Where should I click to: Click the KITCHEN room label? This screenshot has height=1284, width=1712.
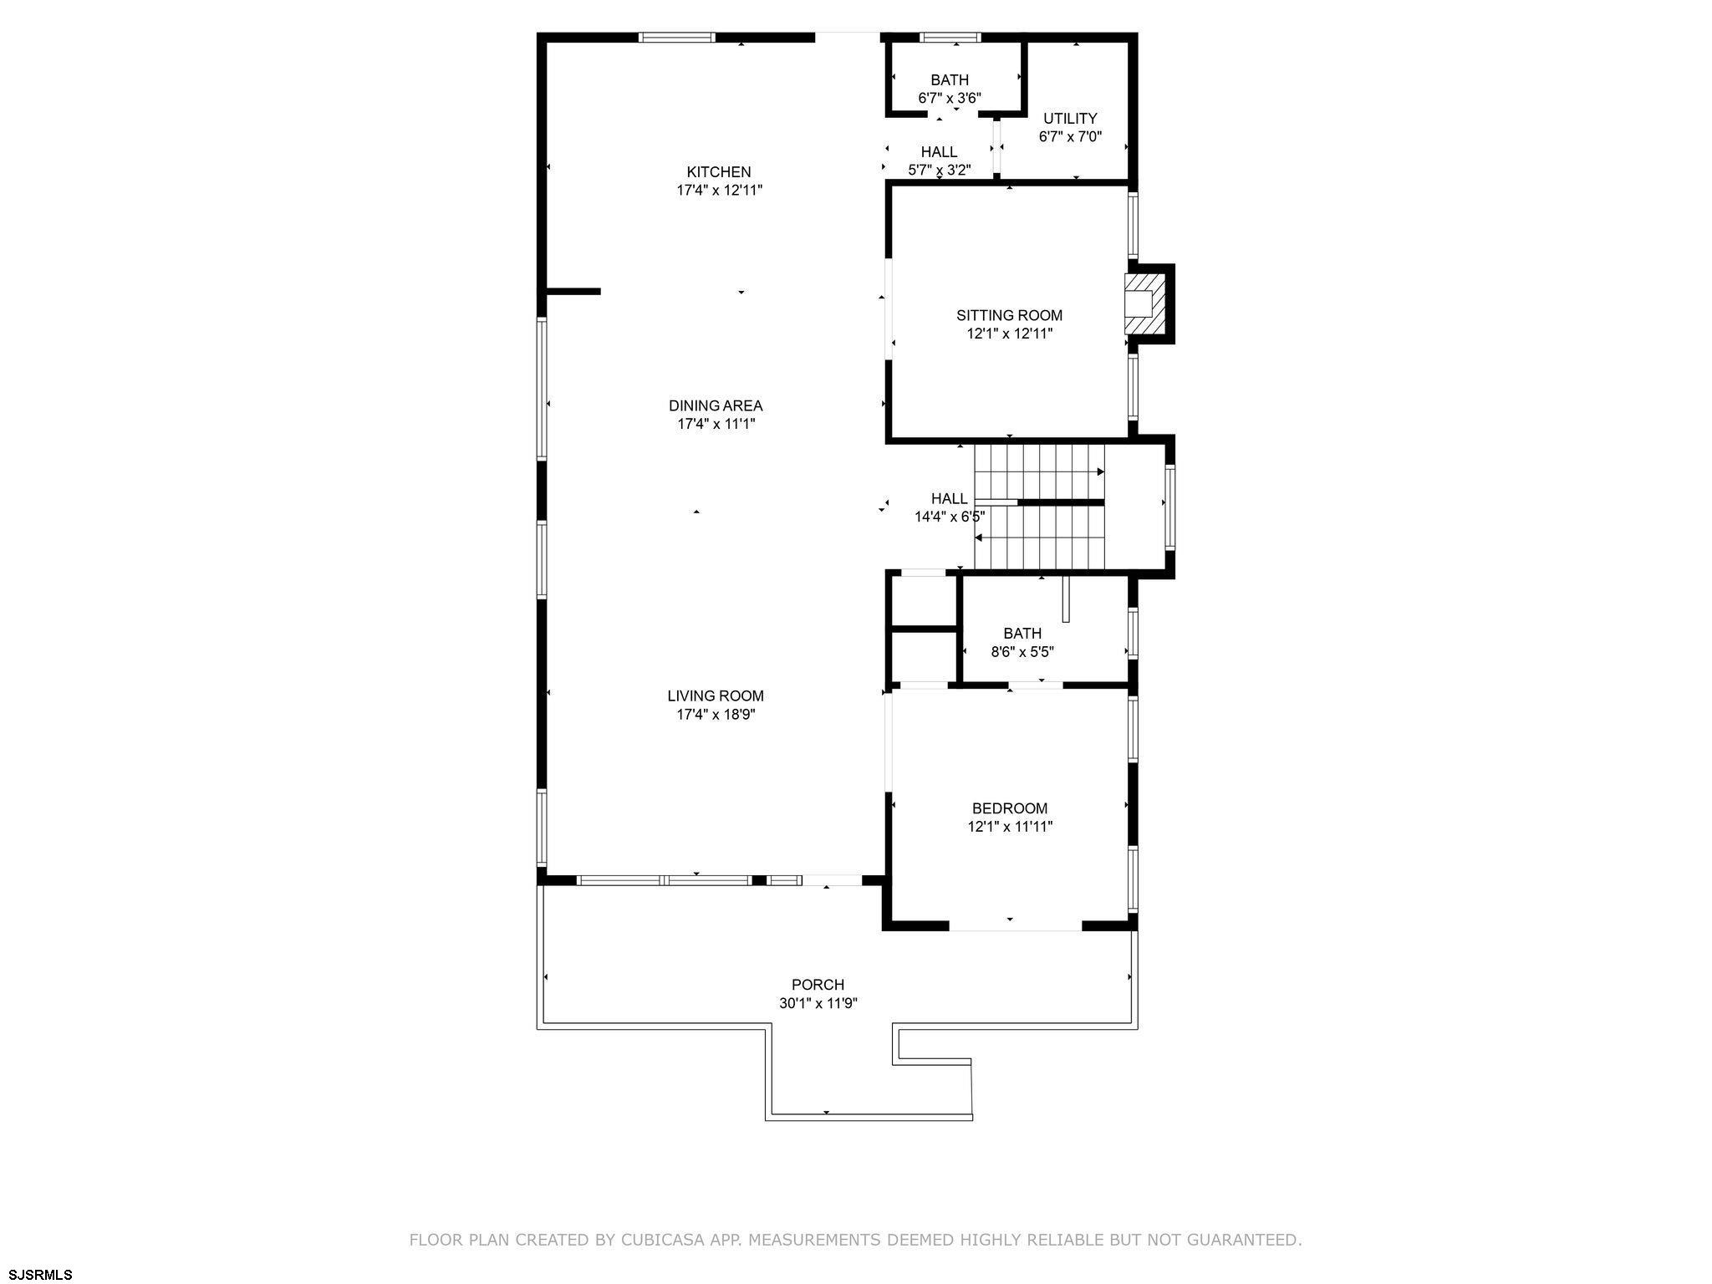tap(719, 172)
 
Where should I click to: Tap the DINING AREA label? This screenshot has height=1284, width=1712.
tap(716, 405)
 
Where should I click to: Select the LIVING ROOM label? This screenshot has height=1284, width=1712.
tap(716, 695)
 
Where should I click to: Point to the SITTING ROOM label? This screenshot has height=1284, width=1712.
tap(1009, 315)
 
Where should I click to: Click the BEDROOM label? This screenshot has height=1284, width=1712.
tap(1009, 808)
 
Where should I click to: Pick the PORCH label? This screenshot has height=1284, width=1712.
tap(818, 985)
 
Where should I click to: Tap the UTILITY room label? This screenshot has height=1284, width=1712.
tap(1070, 118)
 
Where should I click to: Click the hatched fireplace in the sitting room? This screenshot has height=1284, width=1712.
tap(1139, 303)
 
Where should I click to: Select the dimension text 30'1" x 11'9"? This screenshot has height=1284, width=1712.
tap(818, 1003)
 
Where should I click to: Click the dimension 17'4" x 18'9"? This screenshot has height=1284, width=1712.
tap(716, 714)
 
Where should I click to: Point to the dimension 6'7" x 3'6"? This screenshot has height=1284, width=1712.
tap(950, 98)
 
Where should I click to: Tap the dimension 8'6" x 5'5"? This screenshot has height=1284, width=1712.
tap(1022, 651)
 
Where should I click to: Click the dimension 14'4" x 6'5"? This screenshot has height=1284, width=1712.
tap(950, 517)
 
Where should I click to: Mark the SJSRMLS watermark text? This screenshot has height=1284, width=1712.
tap(37, 1274)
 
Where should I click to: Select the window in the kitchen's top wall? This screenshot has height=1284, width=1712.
tap(677, 37)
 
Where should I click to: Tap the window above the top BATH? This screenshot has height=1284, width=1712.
tap(950, 37)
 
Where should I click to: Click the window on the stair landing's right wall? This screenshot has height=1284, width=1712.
tap(1170, 507)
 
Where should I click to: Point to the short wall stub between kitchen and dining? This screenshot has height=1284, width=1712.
tap(573, 291)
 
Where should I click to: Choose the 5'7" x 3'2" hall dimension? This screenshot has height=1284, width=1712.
tap(939, 170)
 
